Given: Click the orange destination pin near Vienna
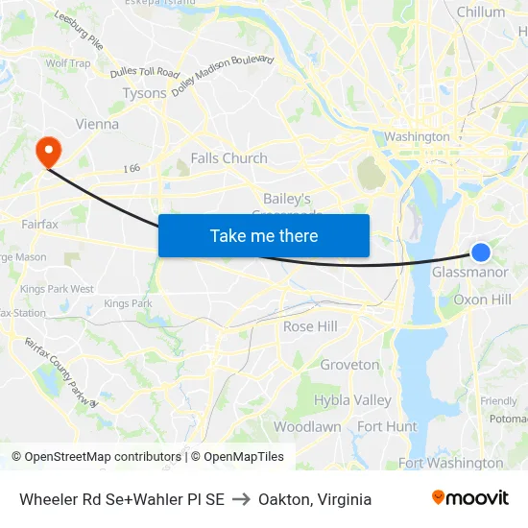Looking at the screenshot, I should pyautogui.click(x=47, y=151).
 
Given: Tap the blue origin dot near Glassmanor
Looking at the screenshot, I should pyautogui.click(x=481, y=252).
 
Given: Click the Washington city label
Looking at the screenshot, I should pyautogui.click(x=417, y=137).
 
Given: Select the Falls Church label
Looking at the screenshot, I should pyautogui.click(x=228, y=158).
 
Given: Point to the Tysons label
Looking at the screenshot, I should pyautogui.click(x=144, y=93).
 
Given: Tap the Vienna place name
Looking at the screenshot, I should pyautogui.click(x=97, y=124).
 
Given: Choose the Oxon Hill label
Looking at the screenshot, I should pyautogui.click(x=482, y=300).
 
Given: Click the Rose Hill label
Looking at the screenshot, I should pyautogui.click(x=310, y=326).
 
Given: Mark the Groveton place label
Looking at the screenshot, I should pyautogui.click(x=349, y=365).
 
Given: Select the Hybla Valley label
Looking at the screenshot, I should pyautogui.click(x=352, y=400).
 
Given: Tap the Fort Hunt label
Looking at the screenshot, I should pyautogui.click(x=387, y=426).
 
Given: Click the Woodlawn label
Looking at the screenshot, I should pyautogui.click(x=307, y=426).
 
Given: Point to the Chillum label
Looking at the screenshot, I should pyautogui.click(x=481, y=12).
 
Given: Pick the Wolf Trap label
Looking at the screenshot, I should pyautogui.click(x=68, y=63).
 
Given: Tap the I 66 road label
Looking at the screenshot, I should pyautogui.click(x=132, y=168).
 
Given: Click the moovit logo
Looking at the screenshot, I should pyautogui.click(x=469, y=497).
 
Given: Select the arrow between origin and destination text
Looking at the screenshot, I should pyautogui.click(x=241, y=499).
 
